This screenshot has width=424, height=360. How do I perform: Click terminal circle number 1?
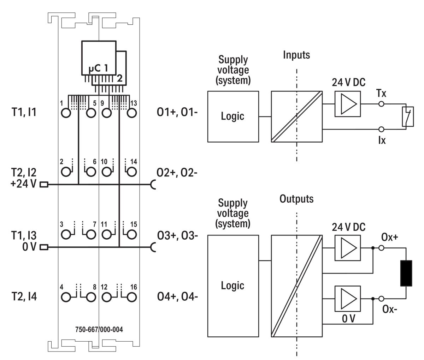pos(66,113)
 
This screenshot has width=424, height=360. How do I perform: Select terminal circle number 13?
pos(131,113)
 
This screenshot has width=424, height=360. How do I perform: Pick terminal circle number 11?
pos(106,234)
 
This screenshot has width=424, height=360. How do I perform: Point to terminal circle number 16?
pos(131,297)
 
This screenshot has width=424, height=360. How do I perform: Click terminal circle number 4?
pos(66,297)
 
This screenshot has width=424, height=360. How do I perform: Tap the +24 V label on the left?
pos(24,184)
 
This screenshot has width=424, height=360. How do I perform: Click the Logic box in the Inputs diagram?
pos(233,116)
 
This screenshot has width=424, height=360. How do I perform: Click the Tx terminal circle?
pos(381,104)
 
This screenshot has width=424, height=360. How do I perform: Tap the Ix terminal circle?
pos(381,129)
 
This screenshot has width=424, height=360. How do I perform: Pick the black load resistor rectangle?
pos(407,273)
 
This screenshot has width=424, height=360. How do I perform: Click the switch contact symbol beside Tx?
pos(408,116)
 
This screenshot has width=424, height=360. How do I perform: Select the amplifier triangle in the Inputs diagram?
pos(348,104)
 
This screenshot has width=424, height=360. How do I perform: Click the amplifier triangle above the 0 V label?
pos(348,299)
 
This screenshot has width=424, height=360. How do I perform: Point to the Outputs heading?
pos(296,199)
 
